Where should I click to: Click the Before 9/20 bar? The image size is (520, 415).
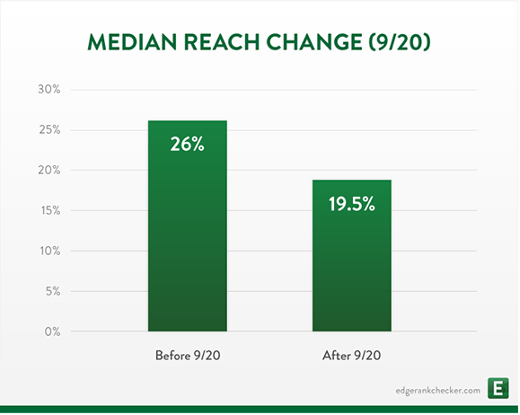tap(188, 225)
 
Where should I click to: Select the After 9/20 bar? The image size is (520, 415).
tap(352, 255)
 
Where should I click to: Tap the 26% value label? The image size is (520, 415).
tap(188, 145)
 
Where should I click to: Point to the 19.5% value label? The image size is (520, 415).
tap(352, 204)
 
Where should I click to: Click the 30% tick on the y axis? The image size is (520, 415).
tap(49, 89)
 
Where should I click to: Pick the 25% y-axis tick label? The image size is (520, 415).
tap(49, 129)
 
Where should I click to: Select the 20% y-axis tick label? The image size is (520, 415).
tap(49, 170)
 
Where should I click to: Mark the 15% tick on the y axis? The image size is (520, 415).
tap(50, 210)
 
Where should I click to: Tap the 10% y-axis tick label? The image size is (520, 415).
tap(50, 251)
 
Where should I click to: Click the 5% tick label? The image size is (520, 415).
tap(53, 291)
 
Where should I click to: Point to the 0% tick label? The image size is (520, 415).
tap(53, 331)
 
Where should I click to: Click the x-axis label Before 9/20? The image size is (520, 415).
tap(188, 356)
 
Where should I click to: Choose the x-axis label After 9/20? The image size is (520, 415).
tap(351, 356)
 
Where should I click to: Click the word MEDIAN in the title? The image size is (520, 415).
tap(132, 42)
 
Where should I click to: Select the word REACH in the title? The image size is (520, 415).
tap(222, 42)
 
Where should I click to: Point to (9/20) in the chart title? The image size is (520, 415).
tap(400, 42)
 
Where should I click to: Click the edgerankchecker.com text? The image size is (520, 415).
tap(437, 391)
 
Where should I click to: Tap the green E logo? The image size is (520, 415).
tap(498, 388)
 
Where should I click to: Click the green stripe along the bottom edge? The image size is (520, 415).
tap(260, 409)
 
